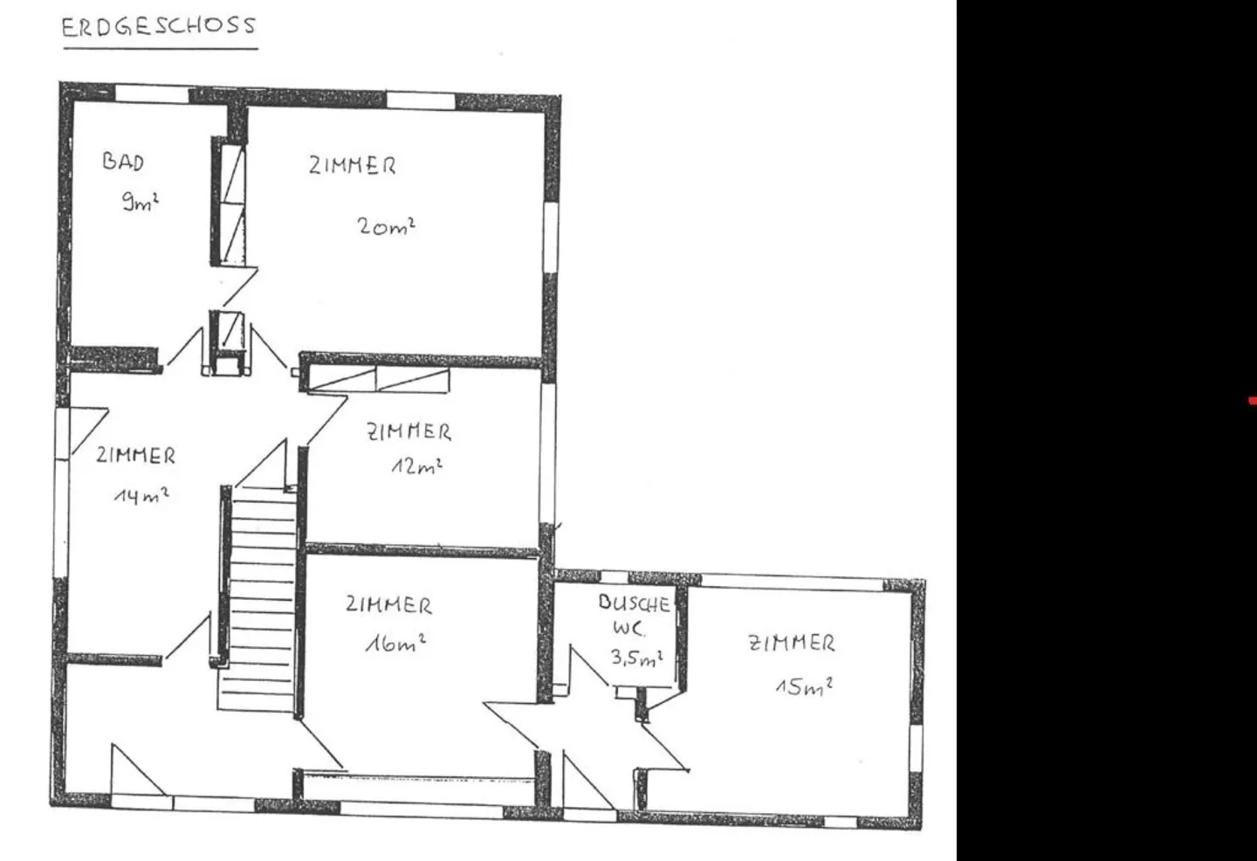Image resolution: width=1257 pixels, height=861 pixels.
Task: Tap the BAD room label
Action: tap(123, 161)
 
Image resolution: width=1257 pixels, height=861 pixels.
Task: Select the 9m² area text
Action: tap(140, 202)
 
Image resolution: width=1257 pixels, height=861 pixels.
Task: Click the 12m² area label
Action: tap(416, 465)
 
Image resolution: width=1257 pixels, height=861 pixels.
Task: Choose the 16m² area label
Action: tap(395, 644)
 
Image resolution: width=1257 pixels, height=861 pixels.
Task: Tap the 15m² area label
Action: tap(804, 685)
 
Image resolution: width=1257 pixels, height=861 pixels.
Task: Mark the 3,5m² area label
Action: tap(636, 657)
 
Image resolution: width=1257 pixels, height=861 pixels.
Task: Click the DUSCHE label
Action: tap(635, 603)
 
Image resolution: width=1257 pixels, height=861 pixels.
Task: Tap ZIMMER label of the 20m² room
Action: tap(352, 165)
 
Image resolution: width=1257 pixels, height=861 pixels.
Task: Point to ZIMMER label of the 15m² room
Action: tap(792, 644)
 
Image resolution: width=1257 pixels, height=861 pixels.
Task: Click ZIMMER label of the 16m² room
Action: tap(388, 604)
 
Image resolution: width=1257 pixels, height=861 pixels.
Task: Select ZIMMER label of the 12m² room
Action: tap(409, 430)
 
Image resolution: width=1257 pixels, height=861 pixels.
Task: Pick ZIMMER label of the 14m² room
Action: tap(135, 455)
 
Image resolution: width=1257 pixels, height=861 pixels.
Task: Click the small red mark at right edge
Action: tap(1252, 401)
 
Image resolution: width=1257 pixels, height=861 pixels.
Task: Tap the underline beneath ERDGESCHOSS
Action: tap(160, 47)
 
